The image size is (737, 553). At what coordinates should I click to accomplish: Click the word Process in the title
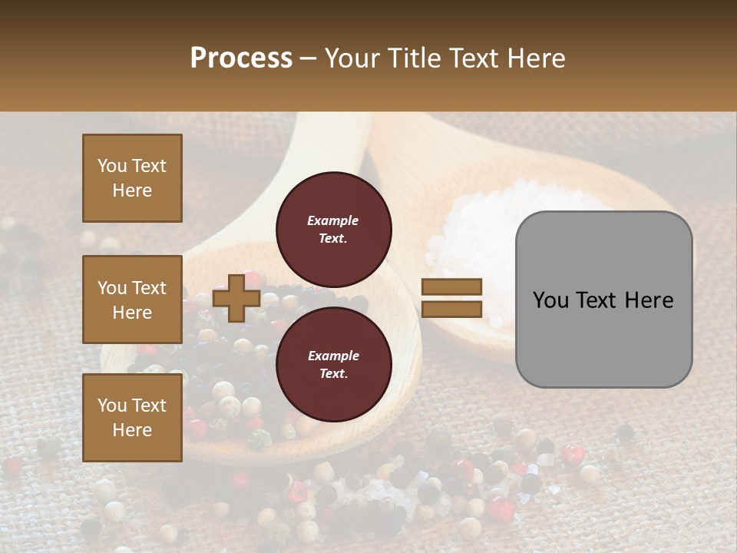(241, 58)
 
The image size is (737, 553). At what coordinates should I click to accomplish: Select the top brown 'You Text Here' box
(132, 178)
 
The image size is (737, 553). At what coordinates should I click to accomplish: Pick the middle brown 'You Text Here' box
(132, 300)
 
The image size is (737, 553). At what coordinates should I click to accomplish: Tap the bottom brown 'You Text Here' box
(132, 418)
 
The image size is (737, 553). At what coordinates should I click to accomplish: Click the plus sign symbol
(236, 299)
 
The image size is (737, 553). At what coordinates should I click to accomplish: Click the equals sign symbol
(451, 298)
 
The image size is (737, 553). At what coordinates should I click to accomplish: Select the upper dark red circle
(334, 229)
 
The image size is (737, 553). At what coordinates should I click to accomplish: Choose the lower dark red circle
(334, 364)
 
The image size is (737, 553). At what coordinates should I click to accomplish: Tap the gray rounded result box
(603, 300)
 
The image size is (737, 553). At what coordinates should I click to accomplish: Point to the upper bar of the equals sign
(451, 287)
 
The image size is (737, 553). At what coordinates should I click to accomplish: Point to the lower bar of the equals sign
(451, 309)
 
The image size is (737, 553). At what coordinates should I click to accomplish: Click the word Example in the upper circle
(333, 220)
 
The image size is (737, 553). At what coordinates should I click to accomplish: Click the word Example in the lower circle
(333, 356)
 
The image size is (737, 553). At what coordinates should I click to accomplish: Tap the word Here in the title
(536, 58)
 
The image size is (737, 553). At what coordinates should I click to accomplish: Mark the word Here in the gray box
(649, 300)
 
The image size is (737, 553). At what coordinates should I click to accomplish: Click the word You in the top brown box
(111, 166)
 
